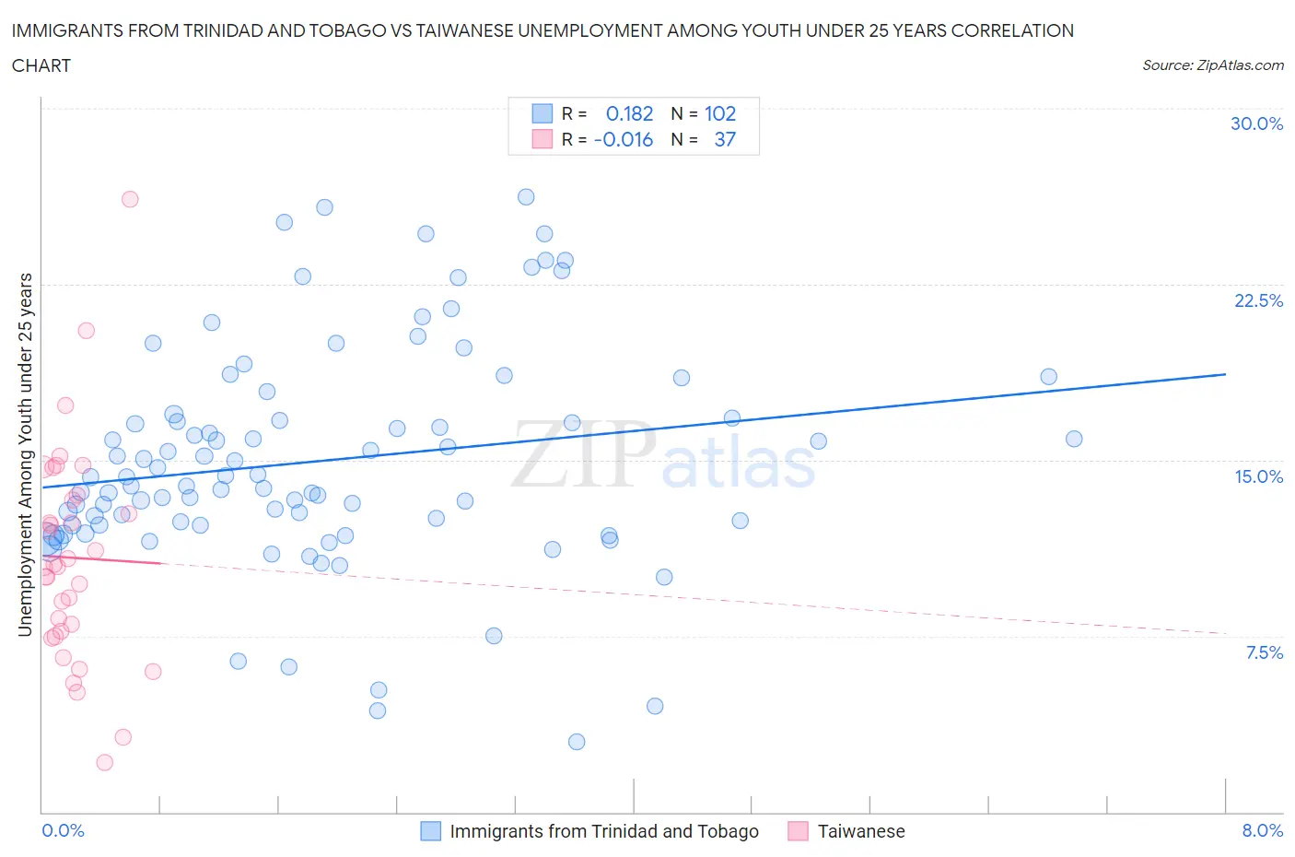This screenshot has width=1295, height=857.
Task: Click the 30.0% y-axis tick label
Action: (1256, 123)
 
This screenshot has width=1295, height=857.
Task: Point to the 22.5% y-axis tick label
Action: (1258, 300)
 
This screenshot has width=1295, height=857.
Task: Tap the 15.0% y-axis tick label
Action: (1258, 476)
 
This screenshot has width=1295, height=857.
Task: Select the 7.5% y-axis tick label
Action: (1264, 652)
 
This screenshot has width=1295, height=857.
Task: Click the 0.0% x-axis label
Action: (63, 830)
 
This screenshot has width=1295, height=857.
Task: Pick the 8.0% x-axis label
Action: (1262, 830)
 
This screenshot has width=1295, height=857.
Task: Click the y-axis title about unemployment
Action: (26, 454)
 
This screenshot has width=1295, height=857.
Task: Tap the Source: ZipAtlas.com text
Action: (1212, 65)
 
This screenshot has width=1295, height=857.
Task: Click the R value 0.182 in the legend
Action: (629, 113)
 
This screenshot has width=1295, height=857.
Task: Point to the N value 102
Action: (720, 113)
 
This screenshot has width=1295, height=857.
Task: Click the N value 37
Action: (725, 139)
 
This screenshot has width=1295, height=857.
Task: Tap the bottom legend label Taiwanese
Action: (861, 831)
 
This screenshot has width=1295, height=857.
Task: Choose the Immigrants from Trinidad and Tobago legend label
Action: (603, 831)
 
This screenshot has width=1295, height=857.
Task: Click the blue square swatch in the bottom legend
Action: (430, 831)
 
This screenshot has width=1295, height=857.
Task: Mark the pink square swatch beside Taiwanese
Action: (798, 831)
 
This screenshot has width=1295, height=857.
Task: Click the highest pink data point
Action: (130, 199)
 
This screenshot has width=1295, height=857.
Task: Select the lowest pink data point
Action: (104, 762)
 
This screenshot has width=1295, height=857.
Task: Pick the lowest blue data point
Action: (577, 742)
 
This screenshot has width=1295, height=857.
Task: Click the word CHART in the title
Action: (41, 65)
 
